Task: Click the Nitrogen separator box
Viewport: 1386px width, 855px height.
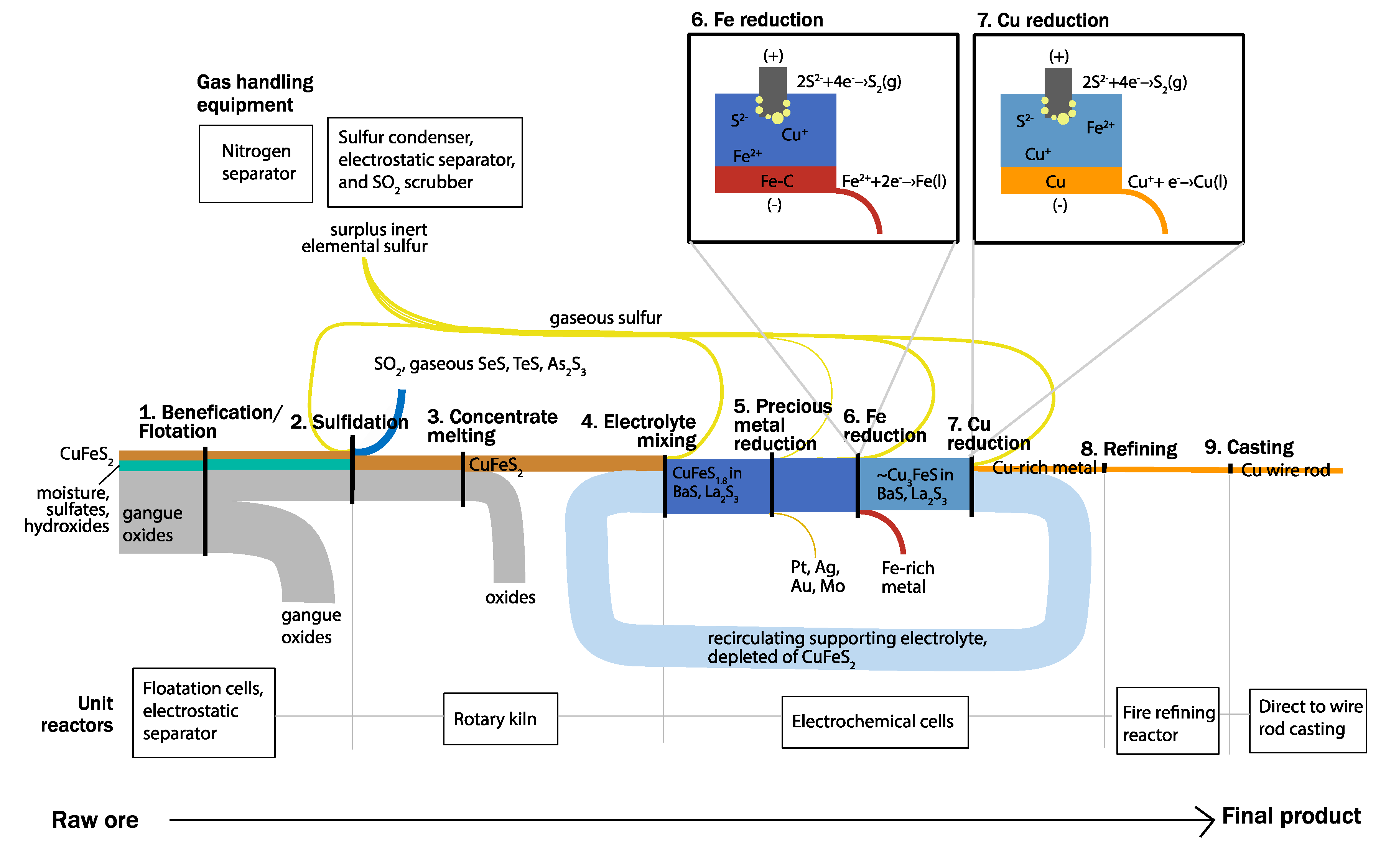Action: pos(255,163)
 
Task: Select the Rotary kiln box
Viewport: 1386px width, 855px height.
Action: pos(500,719)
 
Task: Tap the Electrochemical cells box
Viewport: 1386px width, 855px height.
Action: pos(875,722)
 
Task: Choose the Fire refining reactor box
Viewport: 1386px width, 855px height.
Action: pos(1168,721)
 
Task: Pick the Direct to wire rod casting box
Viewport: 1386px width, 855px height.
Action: pos(1308,720)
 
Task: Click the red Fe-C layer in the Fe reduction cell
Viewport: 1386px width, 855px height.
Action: pos(775,180)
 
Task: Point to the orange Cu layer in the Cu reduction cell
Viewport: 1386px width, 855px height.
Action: pos(1061,180)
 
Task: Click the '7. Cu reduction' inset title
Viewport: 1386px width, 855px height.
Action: pos(1043,20)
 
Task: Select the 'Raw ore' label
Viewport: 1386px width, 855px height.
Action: pos(95,820)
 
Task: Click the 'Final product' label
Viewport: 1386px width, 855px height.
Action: pos(1292,816)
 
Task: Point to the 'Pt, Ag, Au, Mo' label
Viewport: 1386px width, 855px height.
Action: pos(818,576)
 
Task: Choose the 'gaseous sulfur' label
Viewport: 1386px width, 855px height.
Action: pos(606,318)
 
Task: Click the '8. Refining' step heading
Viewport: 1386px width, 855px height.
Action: pos(1129,449)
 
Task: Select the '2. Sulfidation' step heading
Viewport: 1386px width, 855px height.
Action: pos(349,422)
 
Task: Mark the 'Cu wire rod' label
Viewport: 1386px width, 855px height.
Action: pos(1286,470)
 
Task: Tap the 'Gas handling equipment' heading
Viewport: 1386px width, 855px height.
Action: pos(255,93)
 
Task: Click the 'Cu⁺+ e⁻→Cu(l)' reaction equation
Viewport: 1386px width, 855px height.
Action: pos(1177,181)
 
